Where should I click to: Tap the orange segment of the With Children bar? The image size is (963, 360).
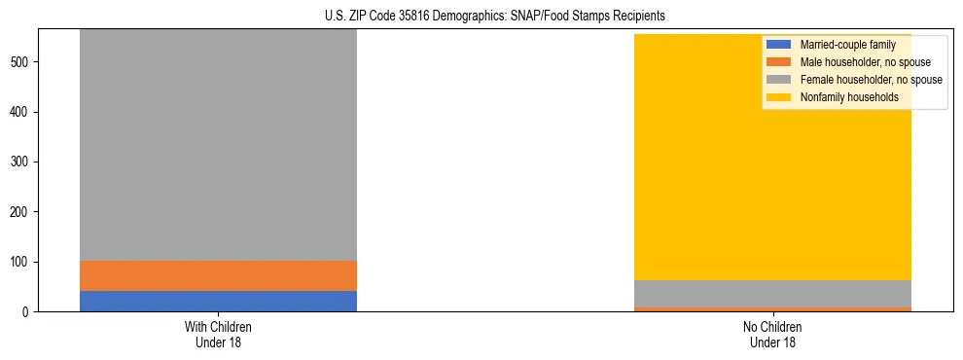[x=218, y=275]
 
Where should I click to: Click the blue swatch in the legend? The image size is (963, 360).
[x=778, y=45]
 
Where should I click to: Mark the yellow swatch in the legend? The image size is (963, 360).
[x=778, y=97]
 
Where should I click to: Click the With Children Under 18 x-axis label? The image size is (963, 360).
[x=218, y=334]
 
